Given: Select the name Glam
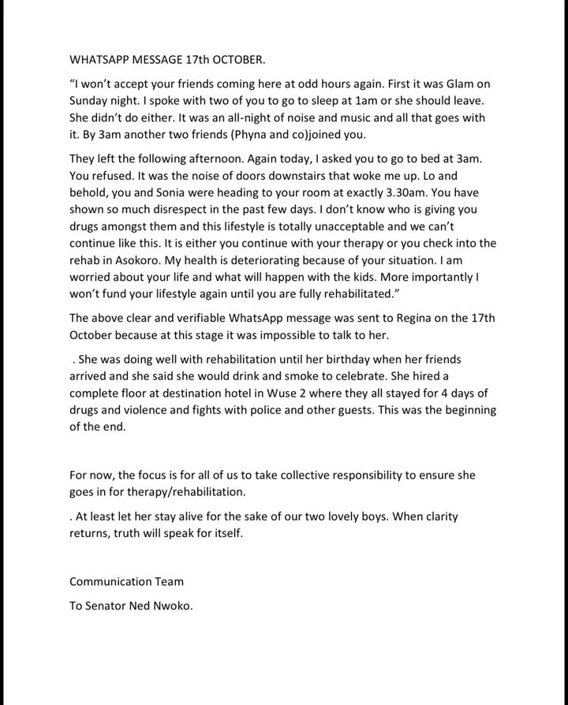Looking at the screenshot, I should coord(464,86).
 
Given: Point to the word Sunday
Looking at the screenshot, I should coord(92,102).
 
